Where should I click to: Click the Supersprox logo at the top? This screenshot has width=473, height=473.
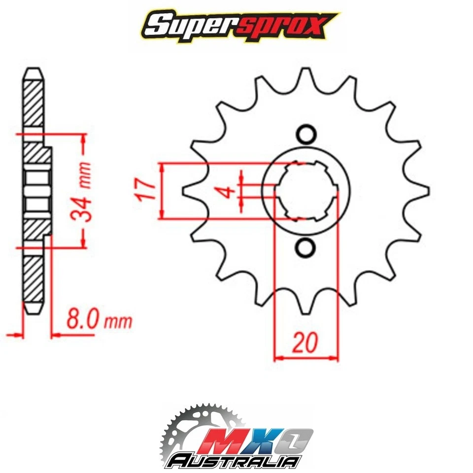pyautogui.click(x=236, y=25)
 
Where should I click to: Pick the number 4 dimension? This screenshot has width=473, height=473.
pyautogui.click(x=228, y=191)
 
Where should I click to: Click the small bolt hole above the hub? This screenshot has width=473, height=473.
pyautogui.click(x=306, y=135)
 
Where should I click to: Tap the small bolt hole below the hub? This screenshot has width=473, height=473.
pyautogui.click(x=306, y=247)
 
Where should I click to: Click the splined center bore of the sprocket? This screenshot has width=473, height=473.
pyautogui.click(x=306, y=191)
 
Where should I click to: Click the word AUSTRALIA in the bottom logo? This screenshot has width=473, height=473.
pyautogui.click(x=234, y=461)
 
